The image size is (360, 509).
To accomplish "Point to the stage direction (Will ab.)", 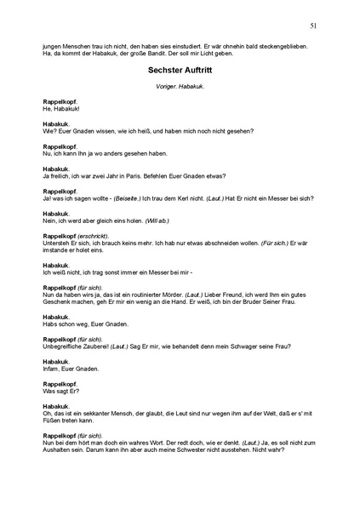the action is click(157, 220).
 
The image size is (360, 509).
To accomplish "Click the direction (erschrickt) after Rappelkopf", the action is click(91, 235).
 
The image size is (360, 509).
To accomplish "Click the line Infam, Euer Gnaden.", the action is click(69, 369).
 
